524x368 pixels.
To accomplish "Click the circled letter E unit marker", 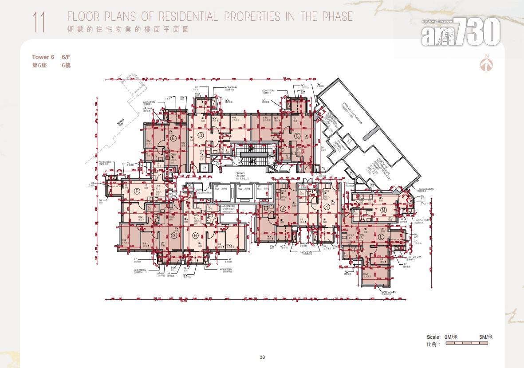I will click(x=173, y=137).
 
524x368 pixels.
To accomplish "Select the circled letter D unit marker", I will click(x=201, y=135).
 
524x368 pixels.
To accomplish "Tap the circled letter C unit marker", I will click(x=297, y=136).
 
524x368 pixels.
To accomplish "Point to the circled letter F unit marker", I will click(x=137, y=191).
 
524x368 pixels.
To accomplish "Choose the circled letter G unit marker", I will click(x=174, y=235).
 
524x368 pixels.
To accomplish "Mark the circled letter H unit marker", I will click(x=195, y=235).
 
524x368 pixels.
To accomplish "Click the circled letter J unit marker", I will click(x=282, y=208).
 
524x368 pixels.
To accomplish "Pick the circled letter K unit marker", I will click(x=327, y=207).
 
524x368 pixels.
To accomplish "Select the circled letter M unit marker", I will click(x=382, y=210).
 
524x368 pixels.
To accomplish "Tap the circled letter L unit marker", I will click(x=380, y=237).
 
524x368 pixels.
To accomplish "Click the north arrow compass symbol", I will click(x=487, y=63).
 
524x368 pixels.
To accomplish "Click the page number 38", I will click(x=262, y=357).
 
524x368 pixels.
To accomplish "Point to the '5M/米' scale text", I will click(x=486, y=337).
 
